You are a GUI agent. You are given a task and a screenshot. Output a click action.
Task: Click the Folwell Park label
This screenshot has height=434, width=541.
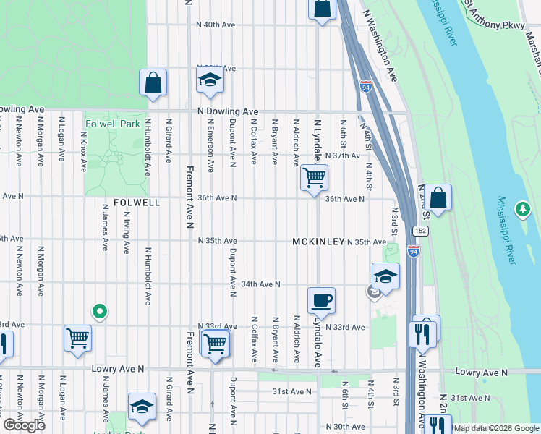pyautogui.click(x=112, y=124)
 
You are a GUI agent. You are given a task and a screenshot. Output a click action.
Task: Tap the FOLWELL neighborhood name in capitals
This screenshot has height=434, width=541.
pyautogui.click(x=136, y=203)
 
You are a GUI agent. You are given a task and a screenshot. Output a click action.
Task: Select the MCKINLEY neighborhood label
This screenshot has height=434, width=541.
pyautogui.click(x=318, y=242)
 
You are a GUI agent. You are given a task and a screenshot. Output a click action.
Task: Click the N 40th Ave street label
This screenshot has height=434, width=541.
pyautogui.click(x=217, y=25)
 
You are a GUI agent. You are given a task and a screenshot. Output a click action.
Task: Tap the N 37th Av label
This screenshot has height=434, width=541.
pyautogui.click(x=343, y=156)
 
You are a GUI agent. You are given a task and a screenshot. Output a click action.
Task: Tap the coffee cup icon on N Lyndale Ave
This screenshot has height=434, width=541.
pyautogui.click(x=320, y=299)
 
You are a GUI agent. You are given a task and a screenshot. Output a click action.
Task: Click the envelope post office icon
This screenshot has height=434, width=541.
pyautogui.click(x=375, y=292)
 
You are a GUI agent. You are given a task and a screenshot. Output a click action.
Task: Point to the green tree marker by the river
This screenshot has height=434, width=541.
pyautogui.click(x=522, y=209)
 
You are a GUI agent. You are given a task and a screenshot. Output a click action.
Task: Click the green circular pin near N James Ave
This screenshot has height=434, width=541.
pyautogui.click(x=100, y=312)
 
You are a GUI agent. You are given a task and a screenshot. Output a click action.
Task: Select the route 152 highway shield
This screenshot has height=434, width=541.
pyautogui.click(x=419, y=230)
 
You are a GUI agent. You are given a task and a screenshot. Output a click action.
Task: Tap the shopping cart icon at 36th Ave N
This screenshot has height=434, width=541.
pyautogui.click(x=314, y=177)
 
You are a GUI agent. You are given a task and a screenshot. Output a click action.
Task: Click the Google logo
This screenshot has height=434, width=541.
pyautogui.click(x=24, y=425)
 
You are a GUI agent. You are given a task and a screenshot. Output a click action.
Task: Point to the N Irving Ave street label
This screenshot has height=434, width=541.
pyautogui.click(x=126, y=232)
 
